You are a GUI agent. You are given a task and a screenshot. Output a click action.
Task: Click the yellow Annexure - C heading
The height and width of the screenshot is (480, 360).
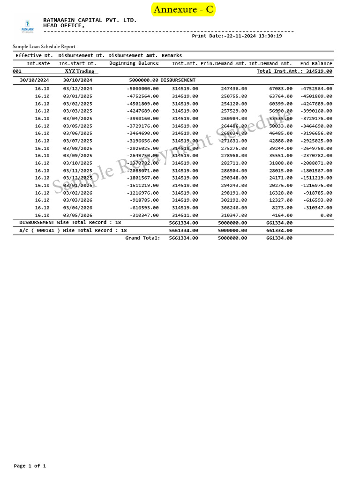[x=183, y=9]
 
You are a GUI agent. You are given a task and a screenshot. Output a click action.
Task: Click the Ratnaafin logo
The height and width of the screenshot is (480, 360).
[x=28, y=26]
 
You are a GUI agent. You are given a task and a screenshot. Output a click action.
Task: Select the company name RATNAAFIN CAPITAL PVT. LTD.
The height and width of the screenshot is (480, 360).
[x=90, y=20]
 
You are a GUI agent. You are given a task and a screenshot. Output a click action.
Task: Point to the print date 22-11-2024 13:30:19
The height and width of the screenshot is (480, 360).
[x=237, y=36]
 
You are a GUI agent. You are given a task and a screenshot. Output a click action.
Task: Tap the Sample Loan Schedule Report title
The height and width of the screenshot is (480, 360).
[x=44, y=46]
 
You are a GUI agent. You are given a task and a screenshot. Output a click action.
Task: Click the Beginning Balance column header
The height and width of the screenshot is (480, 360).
[x=134, y=63]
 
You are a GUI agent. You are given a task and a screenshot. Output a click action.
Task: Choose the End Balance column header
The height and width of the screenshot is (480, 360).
[x=316, y=63]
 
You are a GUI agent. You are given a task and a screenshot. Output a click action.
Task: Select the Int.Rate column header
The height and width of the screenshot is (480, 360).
[x=38, y=63]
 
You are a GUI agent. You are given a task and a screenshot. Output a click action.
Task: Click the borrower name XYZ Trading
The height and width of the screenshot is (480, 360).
[x=79, y=71]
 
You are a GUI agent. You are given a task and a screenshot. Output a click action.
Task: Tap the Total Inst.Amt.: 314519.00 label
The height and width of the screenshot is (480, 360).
[x=294, y=71]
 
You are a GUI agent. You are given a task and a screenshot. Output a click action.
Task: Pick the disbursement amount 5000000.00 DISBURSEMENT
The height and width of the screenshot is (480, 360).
[x=162, y=80]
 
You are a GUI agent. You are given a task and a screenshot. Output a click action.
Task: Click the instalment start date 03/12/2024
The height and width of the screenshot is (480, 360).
[x=78, y=89]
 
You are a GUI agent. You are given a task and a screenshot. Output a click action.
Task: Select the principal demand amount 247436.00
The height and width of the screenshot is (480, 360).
[x=234, y=89]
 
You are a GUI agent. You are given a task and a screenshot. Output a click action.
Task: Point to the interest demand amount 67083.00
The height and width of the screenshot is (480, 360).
[x=281, y=89]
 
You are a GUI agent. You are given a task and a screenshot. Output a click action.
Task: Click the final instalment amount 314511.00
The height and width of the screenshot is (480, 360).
[x=185, y=215]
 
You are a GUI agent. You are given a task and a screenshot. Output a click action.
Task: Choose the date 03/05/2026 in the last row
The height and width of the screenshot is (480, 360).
[x=78, y=215]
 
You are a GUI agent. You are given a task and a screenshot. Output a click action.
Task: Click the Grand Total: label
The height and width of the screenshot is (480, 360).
[x=142, y=238]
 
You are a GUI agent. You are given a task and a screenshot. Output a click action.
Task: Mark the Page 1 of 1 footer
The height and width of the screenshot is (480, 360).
[x=30, y=466]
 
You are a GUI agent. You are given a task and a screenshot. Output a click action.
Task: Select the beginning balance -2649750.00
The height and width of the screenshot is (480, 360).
[x=142, y=156]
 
